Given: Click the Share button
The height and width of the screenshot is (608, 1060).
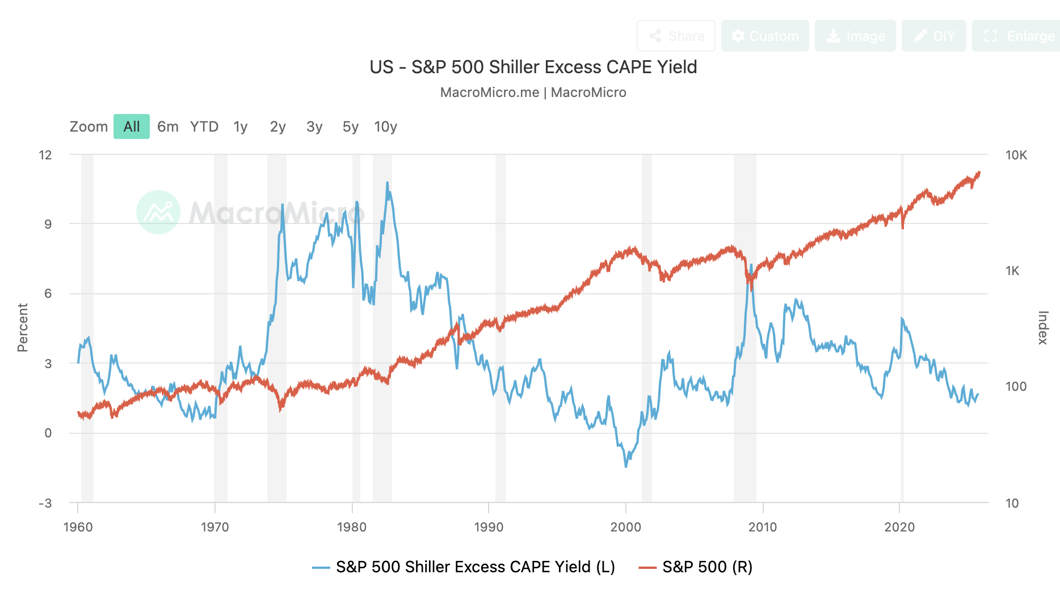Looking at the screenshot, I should click(676, 36).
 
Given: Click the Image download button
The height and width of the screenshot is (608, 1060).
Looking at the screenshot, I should click(855, 36).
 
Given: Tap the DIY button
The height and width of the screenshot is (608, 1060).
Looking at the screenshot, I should click(933, 36).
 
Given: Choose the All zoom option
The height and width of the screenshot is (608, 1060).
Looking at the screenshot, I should click(132, 126).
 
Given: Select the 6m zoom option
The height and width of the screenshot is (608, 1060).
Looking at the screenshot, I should click(168, 126).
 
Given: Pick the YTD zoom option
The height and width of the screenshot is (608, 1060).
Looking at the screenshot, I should click(204, 126).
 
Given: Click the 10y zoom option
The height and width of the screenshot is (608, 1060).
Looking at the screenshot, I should click(385, 126).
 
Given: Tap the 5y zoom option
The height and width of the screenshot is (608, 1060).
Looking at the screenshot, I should click(351, 126).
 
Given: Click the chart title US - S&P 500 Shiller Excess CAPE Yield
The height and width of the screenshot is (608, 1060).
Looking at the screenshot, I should click(533, 67).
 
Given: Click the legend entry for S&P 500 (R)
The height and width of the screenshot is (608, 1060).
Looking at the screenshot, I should click(696, 567).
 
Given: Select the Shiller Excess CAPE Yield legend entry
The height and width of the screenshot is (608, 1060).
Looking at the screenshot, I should click(464, 567).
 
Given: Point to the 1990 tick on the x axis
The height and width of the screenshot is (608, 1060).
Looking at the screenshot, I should click(489, 527).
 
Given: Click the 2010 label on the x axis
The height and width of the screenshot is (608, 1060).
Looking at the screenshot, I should click(763, 527).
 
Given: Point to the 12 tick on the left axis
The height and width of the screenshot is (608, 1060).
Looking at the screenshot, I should click(45, 155).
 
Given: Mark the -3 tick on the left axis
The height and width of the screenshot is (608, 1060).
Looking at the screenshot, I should click(45, 503).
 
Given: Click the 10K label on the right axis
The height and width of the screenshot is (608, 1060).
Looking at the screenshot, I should click(1016, 155).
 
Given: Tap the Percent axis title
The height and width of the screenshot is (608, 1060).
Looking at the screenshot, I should click(23, 328).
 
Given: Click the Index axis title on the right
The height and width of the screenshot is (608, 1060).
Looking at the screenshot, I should click(1042, 328).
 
